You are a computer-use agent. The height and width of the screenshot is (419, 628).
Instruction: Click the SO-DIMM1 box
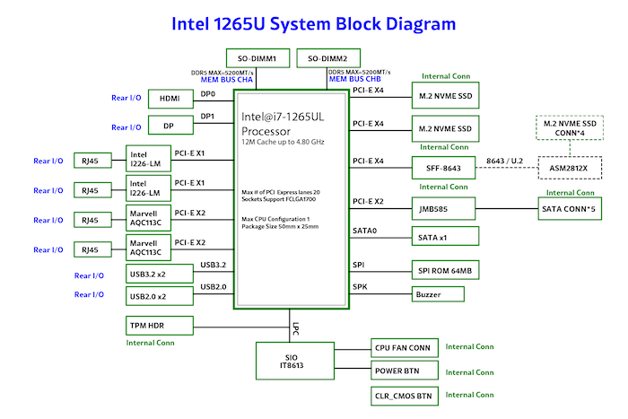[x=256, y=58]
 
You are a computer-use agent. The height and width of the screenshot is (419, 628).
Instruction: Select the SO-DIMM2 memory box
[x=327, y=58]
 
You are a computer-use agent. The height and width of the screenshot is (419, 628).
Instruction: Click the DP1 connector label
[x=208, y=117]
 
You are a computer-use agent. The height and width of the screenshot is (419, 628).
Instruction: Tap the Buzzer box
[x=438, y=293]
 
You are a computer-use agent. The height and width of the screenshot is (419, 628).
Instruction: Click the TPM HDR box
[x=157, y=324]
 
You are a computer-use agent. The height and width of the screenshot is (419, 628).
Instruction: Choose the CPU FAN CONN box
[x=404, y=347]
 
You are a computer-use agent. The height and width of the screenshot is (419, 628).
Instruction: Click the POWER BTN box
[x=404, y=371]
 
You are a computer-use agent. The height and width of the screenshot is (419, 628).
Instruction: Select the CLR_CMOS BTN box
[x=404, y=395]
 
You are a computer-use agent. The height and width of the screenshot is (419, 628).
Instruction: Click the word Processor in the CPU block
[x=266, y=128]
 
